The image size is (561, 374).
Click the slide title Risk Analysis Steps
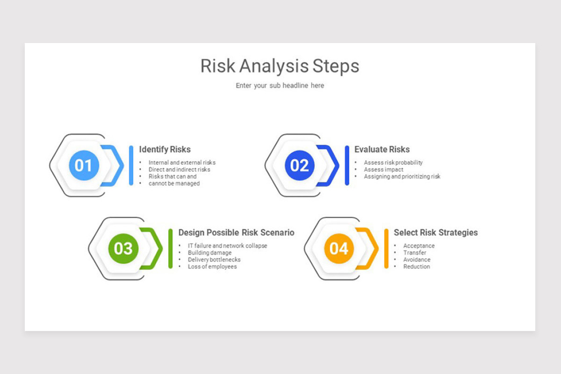point(280,66)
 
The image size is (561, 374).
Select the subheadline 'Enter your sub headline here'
point(280,86)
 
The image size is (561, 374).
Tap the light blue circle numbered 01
point(84,165)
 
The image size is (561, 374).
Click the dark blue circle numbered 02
point(300,165)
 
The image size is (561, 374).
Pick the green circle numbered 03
point(123,248)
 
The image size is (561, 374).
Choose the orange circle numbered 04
point(339,248)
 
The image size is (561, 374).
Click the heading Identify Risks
point(165,150)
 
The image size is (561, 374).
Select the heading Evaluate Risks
point(381,150)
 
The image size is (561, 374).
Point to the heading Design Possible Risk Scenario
point(236,232)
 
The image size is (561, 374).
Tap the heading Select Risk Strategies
point(435,232)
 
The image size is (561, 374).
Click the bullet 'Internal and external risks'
point(182,163)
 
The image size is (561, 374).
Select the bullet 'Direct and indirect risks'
point(179,170)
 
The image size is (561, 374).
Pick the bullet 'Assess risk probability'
point(393,163)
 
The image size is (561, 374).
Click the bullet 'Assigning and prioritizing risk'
point(402,177)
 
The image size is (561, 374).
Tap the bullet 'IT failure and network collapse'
point(227,246)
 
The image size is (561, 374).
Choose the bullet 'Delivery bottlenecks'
point(214,259)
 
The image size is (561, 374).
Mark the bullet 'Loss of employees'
point(212,266)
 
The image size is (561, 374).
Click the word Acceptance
point(419,246)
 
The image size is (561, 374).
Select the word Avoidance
point(417,259)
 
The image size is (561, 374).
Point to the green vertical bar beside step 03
point(171,248)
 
